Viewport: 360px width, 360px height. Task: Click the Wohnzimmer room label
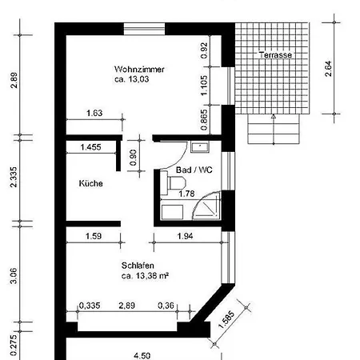click(x=139, y=70)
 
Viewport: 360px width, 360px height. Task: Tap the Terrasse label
click(x=275, y=55)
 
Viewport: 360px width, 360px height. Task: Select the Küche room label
click(x=91, y=183)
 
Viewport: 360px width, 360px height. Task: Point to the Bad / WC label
click(x=194, y=170)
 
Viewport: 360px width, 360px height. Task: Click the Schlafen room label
click(x=138, y=266)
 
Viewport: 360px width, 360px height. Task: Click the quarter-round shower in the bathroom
click(x=207, y=206)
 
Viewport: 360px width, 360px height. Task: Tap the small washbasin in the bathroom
click(x=200, y=147)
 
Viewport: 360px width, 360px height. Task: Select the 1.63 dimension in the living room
click(x=94, y=113)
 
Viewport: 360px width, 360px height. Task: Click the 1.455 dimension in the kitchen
click(x=90, y=147)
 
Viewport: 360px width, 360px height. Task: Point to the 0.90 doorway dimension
click(x=133, y=158)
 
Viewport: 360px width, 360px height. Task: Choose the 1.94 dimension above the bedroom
click(x=185, y=236)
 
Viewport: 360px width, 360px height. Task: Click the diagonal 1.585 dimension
click(x=226, y=319)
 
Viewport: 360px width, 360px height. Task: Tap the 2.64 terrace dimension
click(x=329, y=69)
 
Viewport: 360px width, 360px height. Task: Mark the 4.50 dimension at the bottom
click(x=142, y=356)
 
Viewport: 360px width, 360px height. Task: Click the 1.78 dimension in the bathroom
click(x=186, y=194)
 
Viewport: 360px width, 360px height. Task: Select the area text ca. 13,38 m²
click(x=145, y=276)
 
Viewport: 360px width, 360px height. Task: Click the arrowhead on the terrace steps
click(x=274, y=117)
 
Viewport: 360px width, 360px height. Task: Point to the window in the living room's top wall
click(x=144, y=29)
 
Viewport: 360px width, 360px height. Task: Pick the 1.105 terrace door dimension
click(x=204, y=86)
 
